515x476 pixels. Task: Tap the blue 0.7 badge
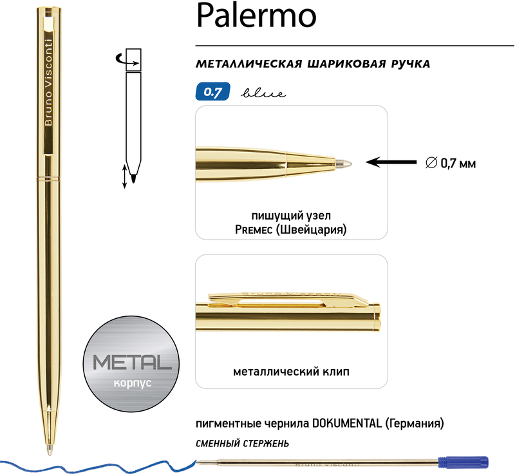213,91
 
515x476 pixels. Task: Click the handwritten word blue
263,93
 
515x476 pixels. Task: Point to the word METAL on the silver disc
132,362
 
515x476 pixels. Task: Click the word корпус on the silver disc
133,383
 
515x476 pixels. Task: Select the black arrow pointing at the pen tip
391,162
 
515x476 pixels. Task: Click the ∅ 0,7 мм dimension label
450,163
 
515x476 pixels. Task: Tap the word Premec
254,229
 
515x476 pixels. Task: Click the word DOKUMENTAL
347,423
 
